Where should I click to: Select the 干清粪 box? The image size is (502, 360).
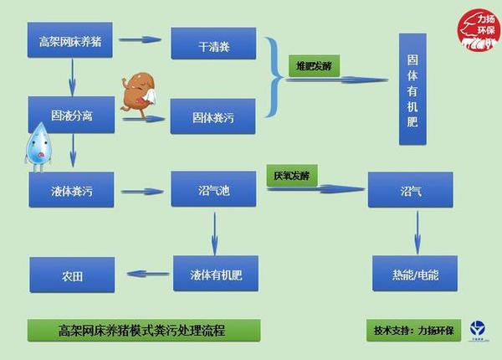coord(213,44)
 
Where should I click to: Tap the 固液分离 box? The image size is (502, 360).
coord(70,114)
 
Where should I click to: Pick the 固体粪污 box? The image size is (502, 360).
coord(213,116)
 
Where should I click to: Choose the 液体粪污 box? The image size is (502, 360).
coord(71,191)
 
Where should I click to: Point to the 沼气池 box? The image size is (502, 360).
coord(213,190)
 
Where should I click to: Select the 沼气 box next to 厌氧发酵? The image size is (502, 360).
coord(411,190)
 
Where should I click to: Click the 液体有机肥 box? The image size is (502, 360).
coord(214,274)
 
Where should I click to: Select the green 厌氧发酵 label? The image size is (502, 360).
coord(291,177)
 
